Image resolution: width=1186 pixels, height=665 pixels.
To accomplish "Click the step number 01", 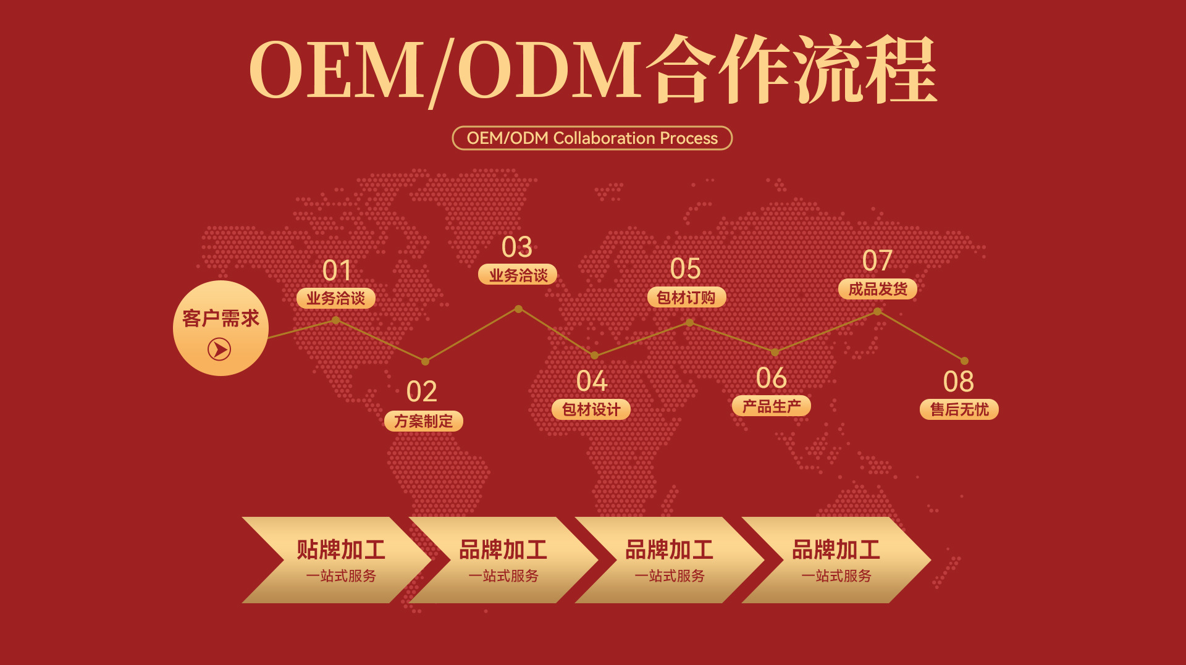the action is point(337,270).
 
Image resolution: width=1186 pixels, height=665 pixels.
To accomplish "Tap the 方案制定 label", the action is point(424,421).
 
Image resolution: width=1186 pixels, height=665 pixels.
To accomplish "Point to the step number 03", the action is point(517,247).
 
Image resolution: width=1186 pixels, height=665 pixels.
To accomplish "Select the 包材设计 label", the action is point(591,409).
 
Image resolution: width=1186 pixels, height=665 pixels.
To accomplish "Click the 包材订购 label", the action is point(686,297).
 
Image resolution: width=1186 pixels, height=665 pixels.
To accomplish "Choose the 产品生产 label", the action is point(772,406).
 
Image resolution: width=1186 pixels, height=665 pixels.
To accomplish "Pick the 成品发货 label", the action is point(878,289).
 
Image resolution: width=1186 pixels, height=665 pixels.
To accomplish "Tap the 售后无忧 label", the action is point(959,409).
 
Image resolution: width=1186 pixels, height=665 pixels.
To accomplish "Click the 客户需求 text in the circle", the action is point(221,319).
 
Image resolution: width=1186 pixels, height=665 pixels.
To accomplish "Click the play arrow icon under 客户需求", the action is point(219,349).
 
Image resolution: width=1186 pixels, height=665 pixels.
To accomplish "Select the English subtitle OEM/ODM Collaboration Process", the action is point(592,138).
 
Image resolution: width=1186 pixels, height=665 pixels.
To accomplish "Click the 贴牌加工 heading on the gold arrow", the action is point(341,549).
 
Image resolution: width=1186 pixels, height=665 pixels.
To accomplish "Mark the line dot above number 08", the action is point(964,361).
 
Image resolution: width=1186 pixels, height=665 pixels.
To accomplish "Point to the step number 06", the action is point(772,379).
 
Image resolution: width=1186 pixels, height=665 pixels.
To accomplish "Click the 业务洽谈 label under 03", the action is point(518,275).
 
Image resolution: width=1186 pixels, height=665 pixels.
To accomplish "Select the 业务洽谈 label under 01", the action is point(336,298).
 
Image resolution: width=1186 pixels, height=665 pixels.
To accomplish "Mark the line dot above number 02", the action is point(425,361).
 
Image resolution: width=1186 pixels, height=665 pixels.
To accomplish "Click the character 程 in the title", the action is point(901,69).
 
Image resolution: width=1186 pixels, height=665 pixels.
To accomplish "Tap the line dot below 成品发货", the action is point(877,311).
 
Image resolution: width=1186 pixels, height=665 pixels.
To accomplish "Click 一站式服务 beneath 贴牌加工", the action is point(341,576).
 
